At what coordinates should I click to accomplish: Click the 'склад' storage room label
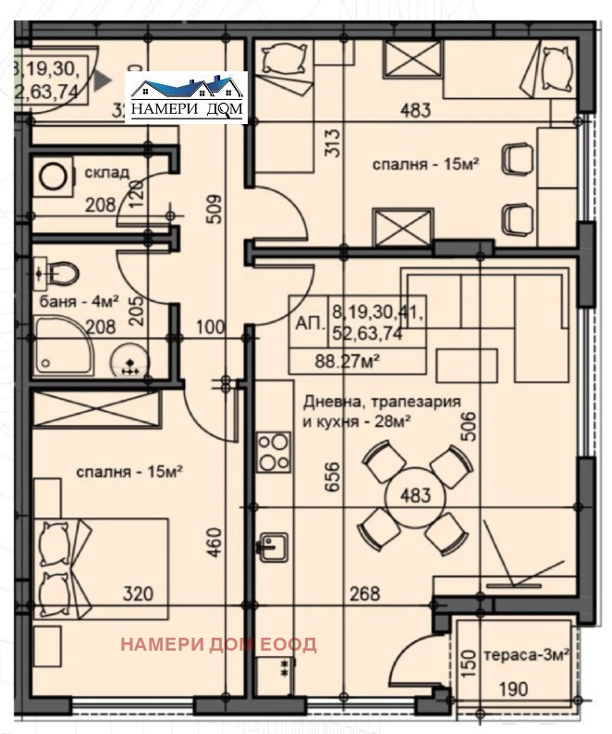pyautogui.click(x=107, y=173)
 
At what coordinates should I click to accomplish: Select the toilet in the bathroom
pyautogui.click(x=63, y=273)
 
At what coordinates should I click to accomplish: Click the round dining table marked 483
pyautogui.click(x=415, y=494)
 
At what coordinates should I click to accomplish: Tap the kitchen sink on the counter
pyautogui.click(x=273, y=547)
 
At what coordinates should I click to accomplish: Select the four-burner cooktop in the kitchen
pyautogui.click(x=274, y=454)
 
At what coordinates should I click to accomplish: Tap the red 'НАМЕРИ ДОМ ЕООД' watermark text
pyautogui.click(x=218, y=644)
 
